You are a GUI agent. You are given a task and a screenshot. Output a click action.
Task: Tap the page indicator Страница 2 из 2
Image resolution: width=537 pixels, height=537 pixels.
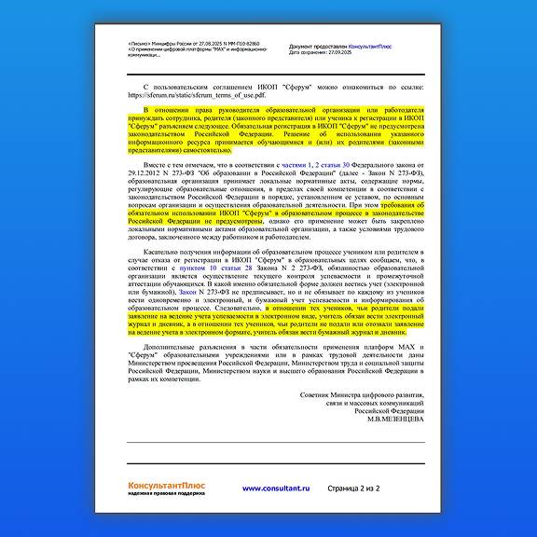pyautogui.click(x=354, y=489)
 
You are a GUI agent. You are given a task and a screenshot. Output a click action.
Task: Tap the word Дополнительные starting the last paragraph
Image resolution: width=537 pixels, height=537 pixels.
pyautogui.click(x=165, y=346)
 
